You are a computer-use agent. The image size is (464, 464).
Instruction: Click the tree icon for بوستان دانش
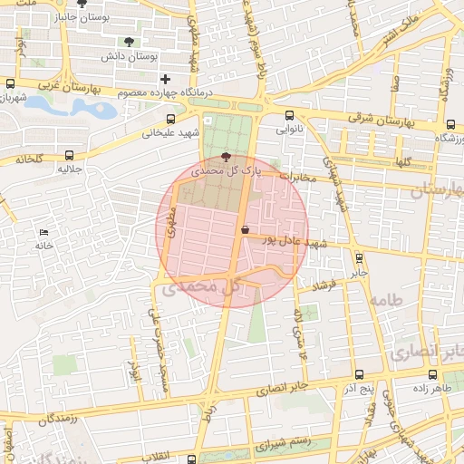(128, 41)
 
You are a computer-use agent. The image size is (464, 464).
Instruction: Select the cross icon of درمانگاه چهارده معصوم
(164, 80)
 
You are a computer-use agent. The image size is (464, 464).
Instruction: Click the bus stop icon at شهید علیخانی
(171, 119)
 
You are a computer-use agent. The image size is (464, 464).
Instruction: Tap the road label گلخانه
(28, 159)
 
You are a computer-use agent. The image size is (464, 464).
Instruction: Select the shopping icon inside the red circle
(245, 229)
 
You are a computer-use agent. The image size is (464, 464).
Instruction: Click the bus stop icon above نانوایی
(289, 115)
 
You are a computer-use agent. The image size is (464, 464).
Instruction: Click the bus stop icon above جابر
(359, 257)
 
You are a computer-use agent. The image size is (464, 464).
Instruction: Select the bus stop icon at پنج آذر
(360, 374)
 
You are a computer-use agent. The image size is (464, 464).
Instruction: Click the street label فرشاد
(323, 287)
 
